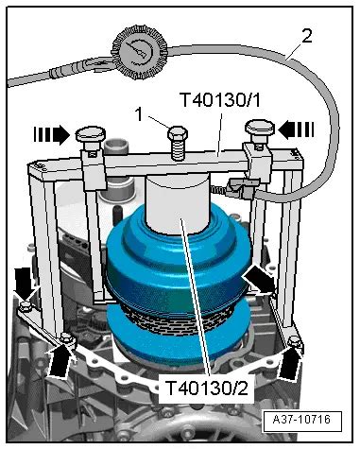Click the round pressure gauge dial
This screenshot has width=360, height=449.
click(x=140, y=52)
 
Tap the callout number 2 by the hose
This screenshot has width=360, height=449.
click(x=306, y=37)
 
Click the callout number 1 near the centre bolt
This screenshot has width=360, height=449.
click(x=140, y=114)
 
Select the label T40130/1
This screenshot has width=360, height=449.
click(x=220, y=100)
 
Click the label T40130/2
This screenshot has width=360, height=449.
click(x=206, y=388)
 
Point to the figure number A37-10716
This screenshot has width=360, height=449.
click(x=302, y=420)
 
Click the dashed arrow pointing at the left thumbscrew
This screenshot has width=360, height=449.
click(x=52, y=135)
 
